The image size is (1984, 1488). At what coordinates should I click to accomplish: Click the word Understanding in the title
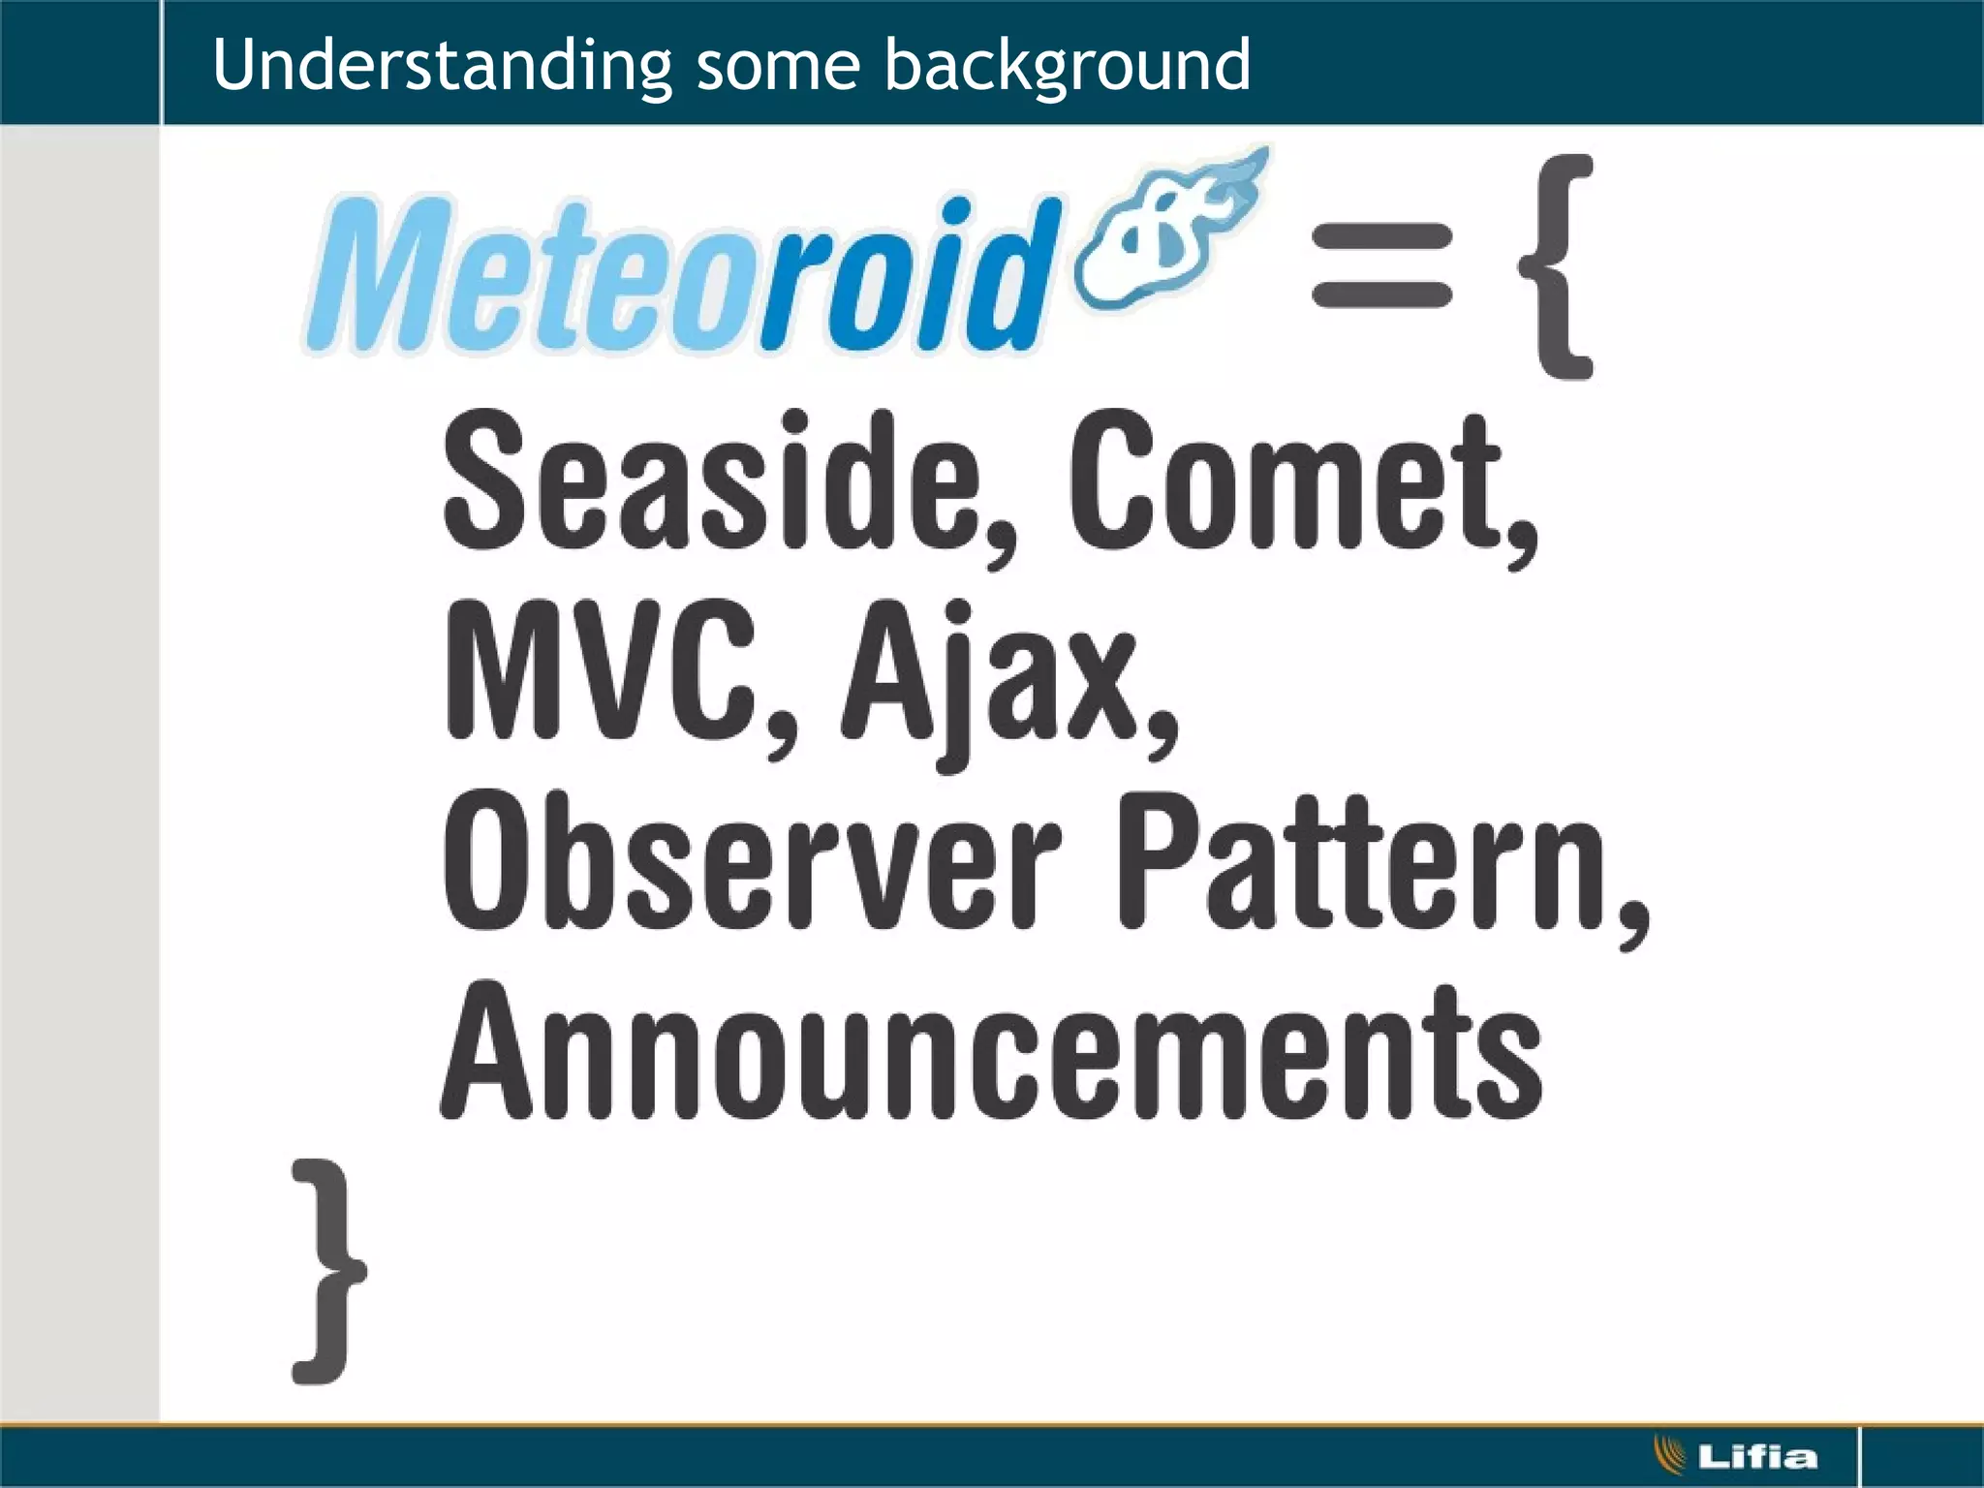click(441, 66)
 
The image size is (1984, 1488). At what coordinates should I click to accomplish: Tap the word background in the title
click(1067, 66)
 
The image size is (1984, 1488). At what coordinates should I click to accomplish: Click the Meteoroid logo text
click(678, 275)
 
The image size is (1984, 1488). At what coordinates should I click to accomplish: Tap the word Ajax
click(988, 678)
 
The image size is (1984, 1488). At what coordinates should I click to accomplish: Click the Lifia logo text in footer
click(1757, 1456)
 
